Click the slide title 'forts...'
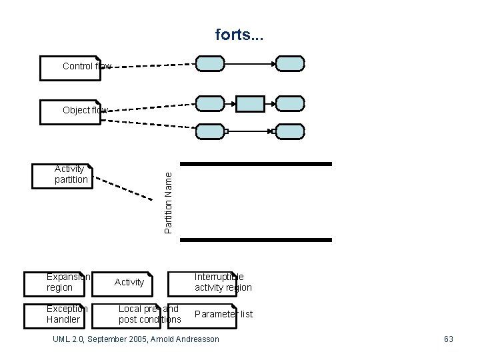coord(239,34)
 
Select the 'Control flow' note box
coord(71,67)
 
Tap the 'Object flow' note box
coord(71,110)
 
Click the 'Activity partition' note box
coord(63,175)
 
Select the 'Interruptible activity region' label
coord(223,282)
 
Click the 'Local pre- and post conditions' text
coord(149,314)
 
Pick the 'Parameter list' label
coord(223,314)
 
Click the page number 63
coord(448,339)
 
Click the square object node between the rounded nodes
coord(251,103)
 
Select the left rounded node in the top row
coord(210,64)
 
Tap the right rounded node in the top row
coord(290,64)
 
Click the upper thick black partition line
coord(256,164)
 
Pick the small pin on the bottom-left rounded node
coord(226,131)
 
